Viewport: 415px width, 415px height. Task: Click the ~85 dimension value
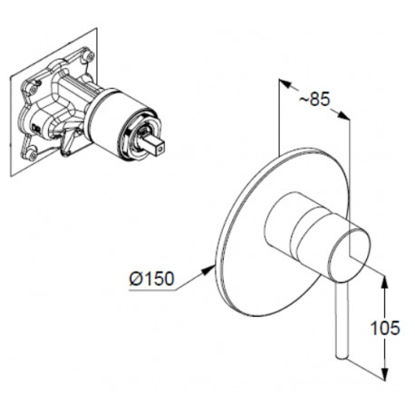pos(314,99)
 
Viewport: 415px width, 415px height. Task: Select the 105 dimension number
pos(385,328)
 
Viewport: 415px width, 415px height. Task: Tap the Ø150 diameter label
pos(152,278)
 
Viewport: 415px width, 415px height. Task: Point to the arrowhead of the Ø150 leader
pos(207,270)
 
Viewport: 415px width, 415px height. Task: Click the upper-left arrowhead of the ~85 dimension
pos(285,83)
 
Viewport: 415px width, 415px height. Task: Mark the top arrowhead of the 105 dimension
pos(384,282)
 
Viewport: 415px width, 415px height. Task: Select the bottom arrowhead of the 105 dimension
pos(384,373)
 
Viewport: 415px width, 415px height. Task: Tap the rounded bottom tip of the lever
pos(342,357)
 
